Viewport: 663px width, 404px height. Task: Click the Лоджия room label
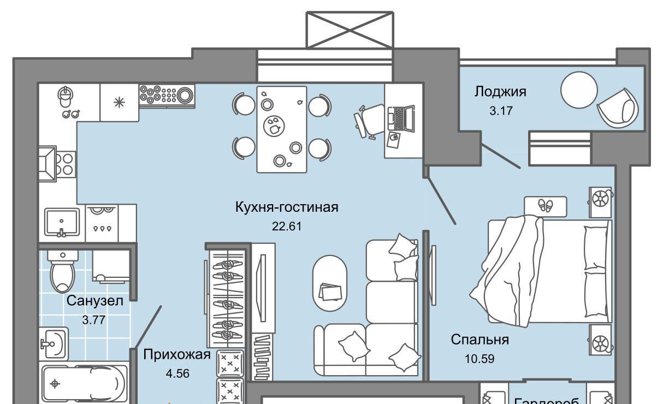pos(500,91)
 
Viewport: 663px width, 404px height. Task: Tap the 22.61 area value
pos(287,225)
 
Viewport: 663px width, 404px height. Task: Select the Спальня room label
pos(480,340)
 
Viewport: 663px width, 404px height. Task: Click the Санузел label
pos(94,300)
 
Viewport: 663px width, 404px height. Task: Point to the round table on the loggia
pos(579,90)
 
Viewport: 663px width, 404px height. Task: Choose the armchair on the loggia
pos(617,108)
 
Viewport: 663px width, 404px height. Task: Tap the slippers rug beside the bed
pos(545,206)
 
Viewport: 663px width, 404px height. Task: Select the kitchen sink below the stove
pos(61,222)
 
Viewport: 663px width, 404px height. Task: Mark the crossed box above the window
pos(350,29)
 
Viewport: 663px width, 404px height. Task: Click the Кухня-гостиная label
pos(287,207)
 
